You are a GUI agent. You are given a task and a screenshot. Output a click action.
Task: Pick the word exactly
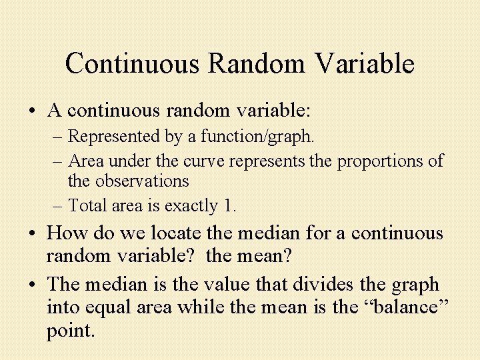click(x=193, y=206)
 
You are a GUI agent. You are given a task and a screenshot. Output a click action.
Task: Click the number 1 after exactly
click(x=229, y=206)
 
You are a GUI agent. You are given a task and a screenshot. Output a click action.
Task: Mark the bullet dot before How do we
click(x=32, y=234)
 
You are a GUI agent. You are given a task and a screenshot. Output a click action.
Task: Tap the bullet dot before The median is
click(x=32, y=285)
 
